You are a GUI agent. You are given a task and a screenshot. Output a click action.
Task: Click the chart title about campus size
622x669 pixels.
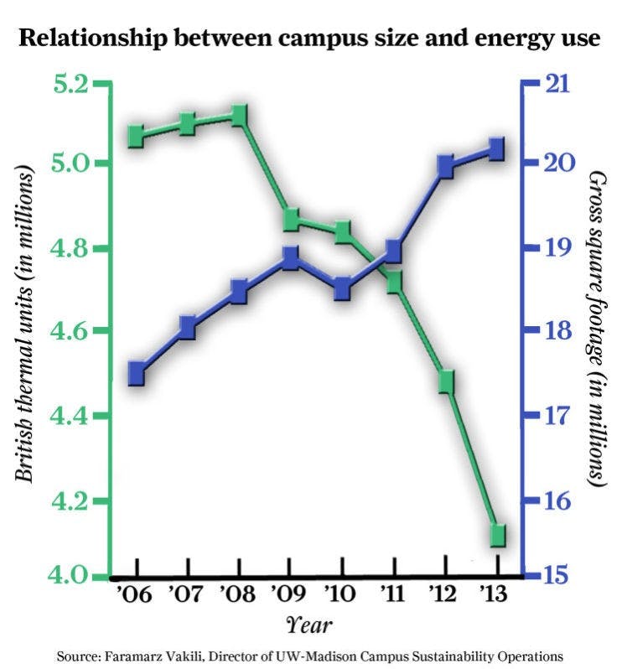[x=310, y=39]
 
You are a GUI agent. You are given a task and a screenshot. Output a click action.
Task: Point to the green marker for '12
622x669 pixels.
[x=445, y=381]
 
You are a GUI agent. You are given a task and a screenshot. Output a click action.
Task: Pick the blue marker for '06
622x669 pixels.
[x=137, y=374]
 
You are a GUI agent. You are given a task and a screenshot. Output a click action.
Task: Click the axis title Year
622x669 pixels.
[x=311, y=625]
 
